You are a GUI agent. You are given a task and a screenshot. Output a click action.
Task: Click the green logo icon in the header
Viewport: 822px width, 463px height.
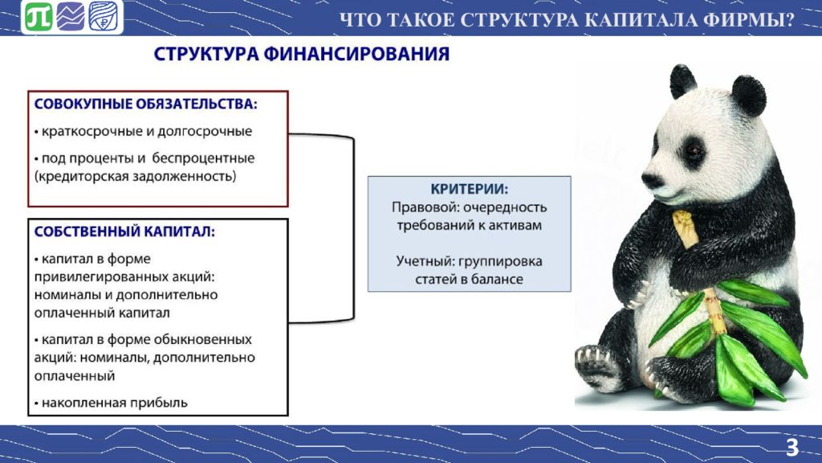point(39,17)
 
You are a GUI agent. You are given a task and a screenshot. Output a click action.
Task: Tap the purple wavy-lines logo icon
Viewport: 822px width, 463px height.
point(71,17)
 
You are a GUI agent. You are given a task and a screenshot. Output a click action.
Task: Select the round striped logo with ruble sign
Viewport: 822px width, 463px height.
point(104,17)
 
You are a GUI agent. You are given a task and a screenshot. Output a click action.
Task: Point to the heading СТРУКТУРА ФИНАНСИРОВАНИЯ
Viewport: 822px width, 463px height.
point(302,54)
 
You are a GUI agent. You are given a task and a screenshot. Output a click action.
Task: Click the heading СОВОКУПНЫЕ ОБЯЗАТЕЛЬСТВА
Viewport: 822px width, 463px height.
point(146,104)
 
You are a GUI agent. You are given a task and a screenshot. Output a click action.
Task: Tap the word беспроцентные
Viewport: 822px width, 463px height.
point(204,158)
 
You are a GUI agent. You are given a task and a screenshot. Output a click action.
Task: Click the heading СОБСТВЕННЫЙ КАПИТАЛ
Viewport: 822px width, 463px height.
point(124,231)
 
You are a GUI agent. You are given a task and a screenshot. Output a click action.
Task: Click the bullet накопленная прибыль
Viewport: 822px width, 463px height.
point(111,403)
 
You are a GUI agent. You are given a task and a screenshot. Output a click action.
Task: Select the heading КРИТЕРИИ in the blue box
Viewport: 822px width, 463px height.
point(469,189)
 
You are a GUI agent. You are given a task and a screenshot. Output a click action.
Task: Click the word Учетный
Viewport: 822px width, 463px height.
point(425,261)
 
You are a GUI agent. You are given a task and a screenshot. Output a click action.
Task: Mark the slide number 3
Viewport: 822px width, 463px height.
point(792,448)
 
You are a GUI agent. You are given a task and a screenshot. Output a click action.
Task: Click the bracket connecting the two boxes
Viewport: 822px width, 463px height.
point(354,227)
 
